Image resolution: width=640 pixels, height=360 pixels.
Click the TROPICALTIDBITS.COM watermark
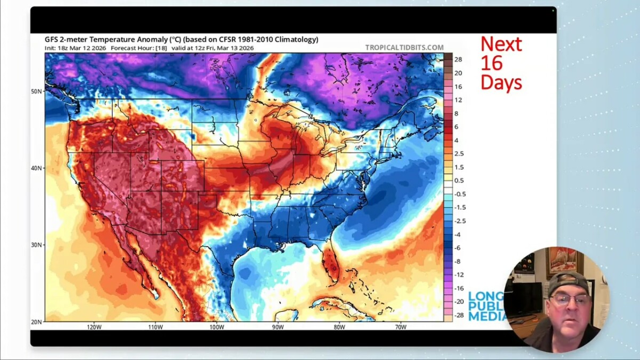(x=404, y=47)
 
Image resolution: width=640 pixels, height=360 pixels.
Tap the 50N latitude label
(x=37, y=91)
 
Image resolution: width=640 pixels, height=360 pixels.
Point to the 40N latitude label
(x=37, y=168)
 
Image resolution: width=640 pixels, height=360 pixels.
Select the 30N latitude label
(x=37, y=245)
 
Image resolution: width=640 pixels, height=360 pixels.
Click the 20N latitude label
(x=37, y=322)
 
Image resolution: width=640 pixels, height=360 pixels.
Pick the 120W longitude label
(x=94, y=327)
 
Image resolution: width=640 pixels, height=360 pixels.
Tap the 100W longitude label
(x=216, y=327)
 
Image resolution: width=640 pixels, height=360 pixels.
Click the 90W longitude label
(x=277, y=327)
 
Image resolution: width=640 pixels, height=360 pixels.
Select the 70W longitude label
(x=401, y=327)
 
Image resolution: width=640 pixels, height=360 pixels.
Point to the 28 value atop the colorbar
(x=458, y=59)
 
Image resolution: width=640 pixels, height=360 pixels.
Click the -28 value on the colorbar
(x=458, y=316)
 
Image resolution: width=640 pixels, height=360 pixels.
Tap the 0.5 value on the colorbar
(x=459, y=180)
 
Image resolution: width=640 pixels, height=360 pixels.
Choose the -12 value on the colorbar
(x=458, y=275)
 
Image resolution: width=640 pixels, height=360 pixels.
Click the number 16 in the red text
(x=491, y=63)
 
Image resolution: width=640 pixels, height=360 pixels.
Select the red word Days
(x=501, y=82)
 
